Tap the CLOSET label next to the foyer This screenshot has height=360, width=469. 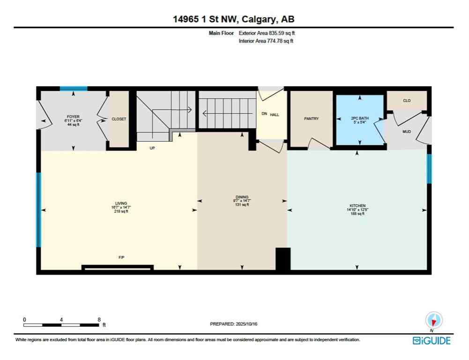click(x=119, y=119)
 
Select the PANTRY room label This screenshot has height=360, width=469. click(x=311, y=119)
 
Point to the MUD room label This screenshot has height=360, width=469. click(x=407, y=132)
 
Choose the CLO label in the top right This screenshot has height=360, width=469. click(x=406, y=100)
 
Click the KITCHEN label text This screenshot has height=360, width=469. click(x=357, y=206)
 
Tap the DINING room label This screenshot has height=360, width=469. click(x=242, y=197)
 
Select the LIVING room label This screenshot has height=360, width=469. click(x=121, y=203)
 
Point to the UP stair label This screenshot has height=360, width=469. click(x=152, y=148)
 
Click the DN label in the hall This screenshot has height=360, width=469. click(x=264, y=114)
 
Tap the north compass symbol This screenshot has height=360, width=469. click(x=433, y=321)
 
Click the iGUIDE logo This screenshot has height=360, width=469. click(x=431, y=340)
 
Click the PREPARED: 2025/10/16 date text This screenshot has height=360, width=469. click(x=234, y=324)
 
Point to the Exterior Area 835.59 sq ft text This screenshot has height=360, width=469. click(x=267, y=33)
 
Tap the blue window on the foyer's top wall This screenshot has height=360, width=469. click(x=73, y=88)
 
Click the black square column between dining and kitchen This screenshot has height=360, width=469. click(x=283, y=259)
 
